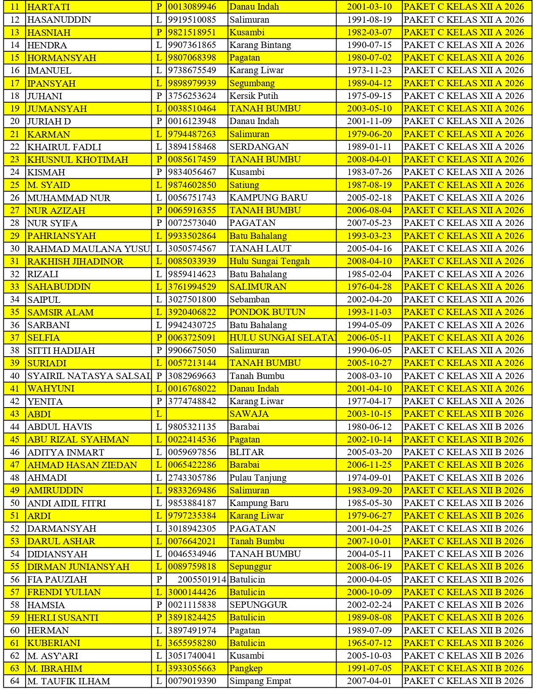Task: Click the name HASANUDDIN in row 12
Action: (59, 20)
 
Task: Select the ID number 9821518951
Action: (192, 32)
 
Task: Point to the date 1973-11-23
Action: (369, 70)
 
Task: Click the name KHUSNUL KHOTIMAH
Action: (77, 159)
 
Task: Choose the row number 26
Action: (15, 198)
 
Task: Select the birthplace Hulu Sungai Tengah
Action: (269, 261)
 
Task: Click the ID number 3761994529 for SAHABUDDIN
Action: (192, 287)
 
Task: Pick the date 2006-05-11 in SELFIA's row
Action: (369, 338)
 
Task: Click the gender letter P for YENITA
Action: (159, 401)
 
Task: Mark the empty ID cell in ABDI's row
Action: (197, 414)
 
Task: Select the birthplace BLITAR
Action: (246, 452)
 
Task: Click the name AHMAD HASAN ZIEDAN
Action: (82, 465)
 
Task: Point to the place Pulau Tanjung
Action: (258, 478)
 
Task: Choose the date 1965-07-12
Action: (369, 643)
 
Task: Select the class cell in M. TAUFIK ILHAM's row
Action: (464, 681)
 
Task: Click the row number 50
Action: (15, 503)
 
